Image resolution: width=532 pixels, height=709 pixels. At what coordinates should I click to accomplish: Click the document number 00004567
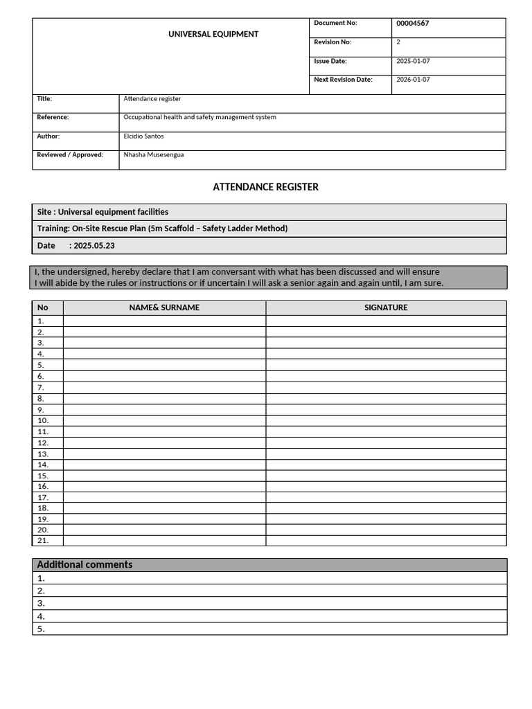(412, 24)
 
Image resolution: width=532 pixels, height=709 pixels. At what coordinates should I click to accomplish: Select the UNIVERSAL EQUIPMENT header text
(213, 34)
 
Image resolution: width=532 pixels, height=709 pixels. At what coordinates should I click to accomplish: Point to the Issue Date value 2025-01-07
(413, 61)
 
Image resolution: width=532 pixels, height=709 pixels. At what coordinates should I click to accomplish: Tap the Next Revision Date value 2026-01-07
(413, 80)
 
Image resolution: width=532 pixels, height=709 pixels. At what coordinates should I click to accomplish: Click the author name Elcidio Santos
(143, 136)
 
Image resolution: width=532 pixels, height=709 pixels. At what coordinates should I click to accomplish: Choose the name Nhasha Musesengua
(154, 155)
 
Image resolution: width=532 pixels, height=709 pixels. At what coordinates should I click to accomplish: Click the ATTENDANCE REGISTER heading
(265, 187)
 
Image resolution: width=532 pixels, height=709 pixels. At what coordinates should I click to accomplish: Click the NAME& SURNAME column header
(164, 307)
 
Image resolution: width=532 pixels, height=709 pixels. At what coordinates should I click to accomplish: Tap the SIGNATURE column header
(386, 307)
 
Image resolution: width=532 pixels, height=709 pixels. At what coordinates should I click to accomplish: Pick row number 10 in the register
(43, 420)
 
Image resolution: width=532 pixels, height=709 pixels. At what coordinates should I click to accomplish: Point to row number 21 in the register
(43, 540)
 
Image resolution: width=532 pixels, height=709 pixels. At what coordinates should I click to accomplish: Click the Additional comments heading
(85, 565)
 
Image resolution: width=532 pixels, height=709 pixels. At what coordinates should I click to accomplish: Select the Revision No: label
(332, 42)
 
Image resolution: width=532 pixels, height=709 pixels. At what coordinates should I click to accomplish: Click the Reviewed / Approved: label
(70, 155)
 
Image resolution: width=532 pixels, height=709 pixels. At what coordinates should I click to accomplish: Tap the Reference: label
(53, 118)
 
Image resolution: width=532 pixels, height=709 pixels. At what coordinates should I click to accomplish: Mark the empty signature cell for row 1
(386, 321)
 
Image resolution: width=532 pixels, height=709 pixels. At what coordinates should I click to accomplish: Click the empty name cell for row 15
(164, 476)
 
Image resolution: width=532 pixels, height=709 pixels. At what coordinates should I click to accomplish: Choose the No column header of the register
(43, 307)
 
